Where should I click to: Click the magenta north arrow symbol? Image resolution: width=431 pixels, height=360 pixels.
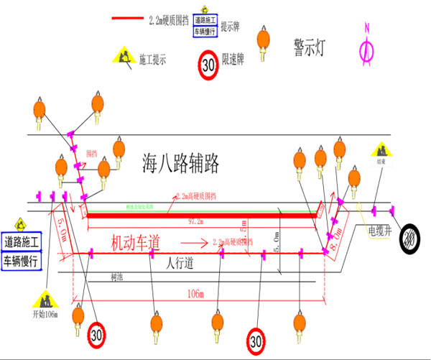367,45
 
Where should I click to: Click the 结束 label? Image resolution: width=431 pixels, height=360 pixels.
379,162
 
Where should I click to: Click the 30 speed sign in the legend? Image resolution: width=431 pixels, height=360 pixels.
208,64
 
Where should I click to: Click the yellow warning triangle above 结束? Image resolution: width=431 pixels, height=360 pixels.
379,149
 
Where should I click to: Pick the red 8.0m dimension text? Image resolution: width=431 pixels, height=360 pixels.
334,234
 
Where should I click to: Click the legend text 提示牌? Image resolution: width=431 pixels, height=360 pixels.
231,27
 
